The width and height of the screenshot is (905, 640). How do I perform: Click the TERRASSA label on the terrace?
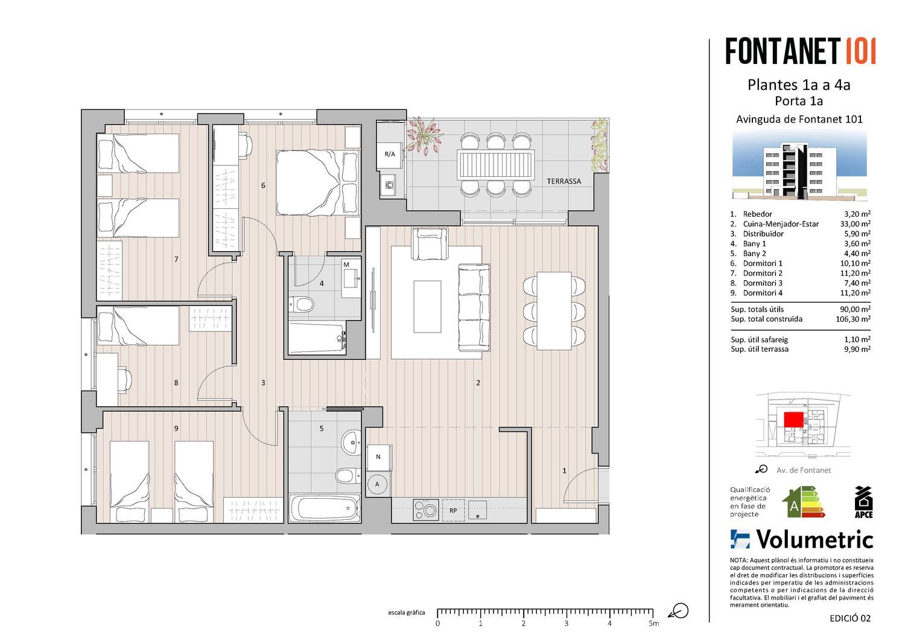tap(564, 182)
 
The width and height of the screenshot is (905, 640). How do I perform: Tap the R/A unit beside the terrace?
tap(390, 154)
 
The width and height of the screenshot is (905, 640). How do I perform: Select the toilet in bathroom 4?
tap(302, 304)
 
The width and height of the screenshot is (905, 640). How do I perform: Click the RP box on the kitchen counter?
tap(453, 510)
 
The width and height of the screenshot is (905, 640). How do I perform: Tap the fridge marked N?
tap(378, 457)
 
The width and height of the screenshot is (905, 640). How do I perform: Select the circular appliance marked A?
tap(377, 484)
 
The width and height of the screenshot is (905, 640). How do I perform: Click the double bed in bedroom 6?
tap(318, 182)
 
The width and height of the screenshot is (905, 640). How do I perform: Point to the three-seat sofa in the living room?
tap(474, 307)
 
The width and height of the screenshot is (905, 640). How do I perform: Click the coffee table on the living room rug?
tap(427, 307)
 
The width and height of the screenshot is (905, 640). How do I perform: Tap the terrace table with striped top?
tap(495, 165)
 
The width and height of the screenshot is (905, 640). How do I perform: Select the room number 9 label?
tap(176, 428)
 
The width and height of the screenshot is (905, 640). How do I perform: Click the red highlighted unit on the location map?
tap(793, 419)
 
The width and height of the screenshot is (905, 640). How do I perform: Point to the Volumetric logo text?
tap(815, 540)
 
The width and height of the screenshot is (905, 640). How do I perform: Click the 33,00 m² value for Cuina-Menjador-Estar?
tap(856, 223)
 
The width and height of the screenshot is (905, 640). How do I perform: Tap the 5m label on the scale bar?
tap(653, 624)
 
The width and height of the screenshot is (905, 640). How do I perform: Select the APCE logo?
tap(864, 502)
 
